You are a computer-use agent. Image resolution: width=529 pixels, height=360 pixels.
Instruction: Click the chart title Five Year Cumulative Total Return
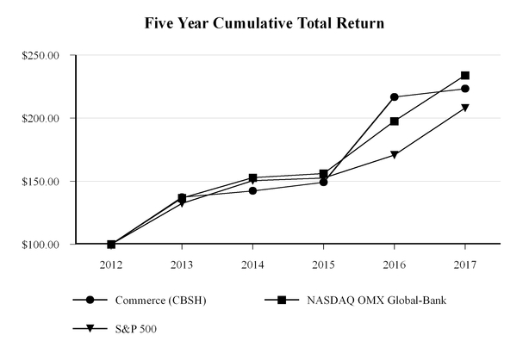[264, 23]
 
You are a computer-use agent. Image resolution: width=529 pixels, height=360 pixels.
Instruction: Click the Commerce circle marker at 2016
[395, 97]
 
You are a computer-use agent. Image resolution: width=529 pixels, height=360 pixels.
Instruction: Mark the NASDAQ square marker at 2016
[395, 121]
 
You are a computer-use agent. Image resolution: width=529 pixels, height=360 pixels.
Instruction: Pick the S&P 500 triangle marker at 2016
[395, 155]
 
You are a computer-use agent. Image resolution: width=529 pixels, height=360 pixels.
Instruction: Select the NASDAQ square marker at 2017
[465, 76]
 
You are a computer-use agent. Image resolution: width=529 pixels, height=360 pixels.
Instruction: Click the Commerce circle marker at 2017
[465, 89]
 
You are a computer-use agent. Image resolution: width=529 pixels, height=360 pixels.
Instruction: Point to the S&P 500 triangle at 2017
[465, 108]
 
